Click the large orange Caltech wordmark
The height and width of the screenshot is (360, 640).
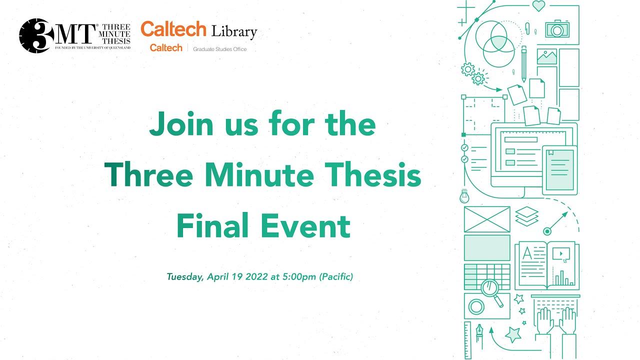click(x=173, y=29)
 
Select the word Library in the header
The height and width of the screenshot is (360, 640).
click(x=234, y=32)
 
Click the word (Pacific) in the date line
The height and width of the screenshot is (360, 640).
click(x=336, y=276)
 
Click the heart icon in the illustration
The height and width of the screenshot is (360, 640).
click(x=538, y=6)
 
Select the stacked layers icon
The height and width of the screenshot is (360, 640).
click(x=527, y=215)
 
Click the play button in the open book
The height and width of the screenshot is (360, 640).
click(x=561, y=253)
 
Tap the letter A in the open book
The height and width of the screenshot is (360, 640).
click(x=527, y=253)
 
